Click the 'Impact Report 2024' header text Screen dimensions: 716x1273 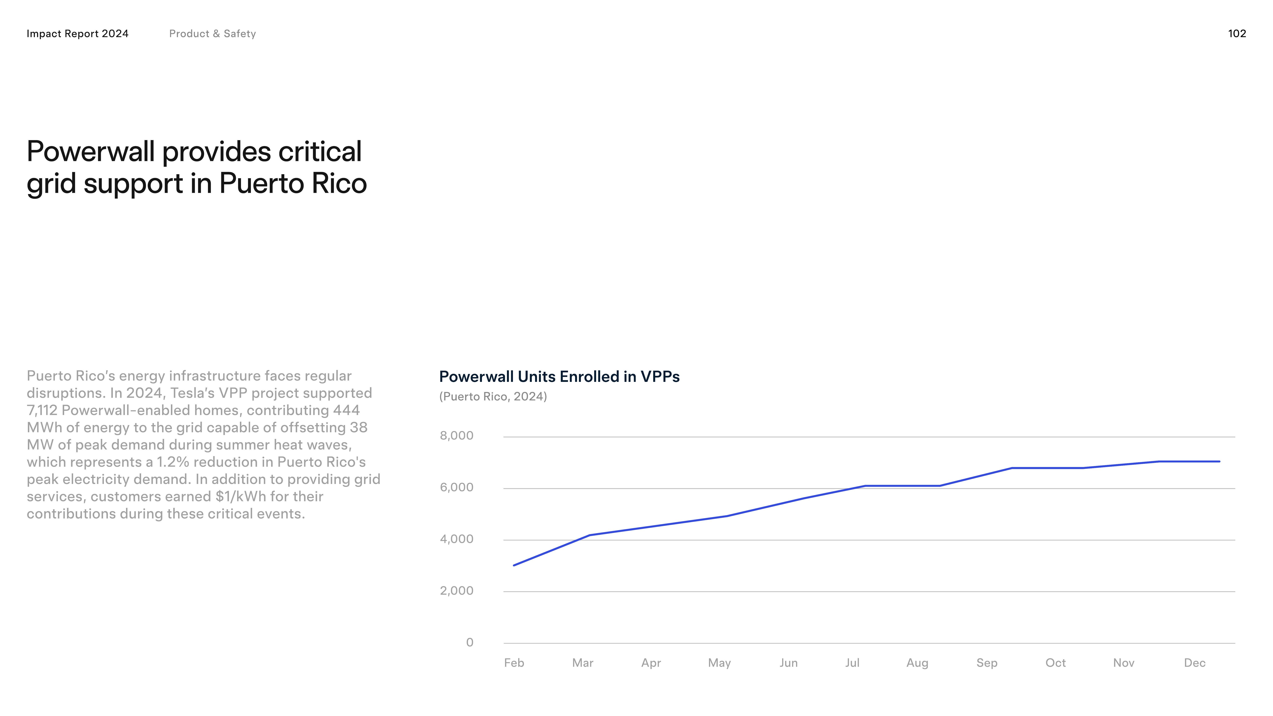(x=78, y=34)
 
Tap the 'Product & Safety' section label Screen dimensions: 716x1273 (x=213, y=34)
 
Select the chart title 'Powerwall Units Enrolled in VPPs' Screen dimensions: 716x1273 (x=559, y=377)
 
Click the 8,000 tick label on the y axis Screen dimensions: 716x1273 (x=456, y=435)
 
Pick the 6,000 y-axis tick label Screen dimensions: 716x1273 (x=456, y=487)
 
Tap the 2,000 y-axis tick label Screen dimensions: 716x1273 (x=456, y=591)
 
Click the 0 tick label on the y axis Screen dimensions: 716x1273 (x=470, y=642)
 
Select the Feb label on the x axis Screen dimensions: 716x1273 (x=514, y=663)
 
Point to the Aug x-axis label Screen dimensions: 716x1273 (x=917, y=663)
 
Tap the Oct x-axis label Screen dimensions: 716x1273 (x=1056, y=663)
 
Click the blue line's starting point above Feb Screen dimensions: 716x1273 (x=514, y=565)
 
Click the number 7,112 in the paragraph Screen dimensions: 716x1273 (x=42, y=410)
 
